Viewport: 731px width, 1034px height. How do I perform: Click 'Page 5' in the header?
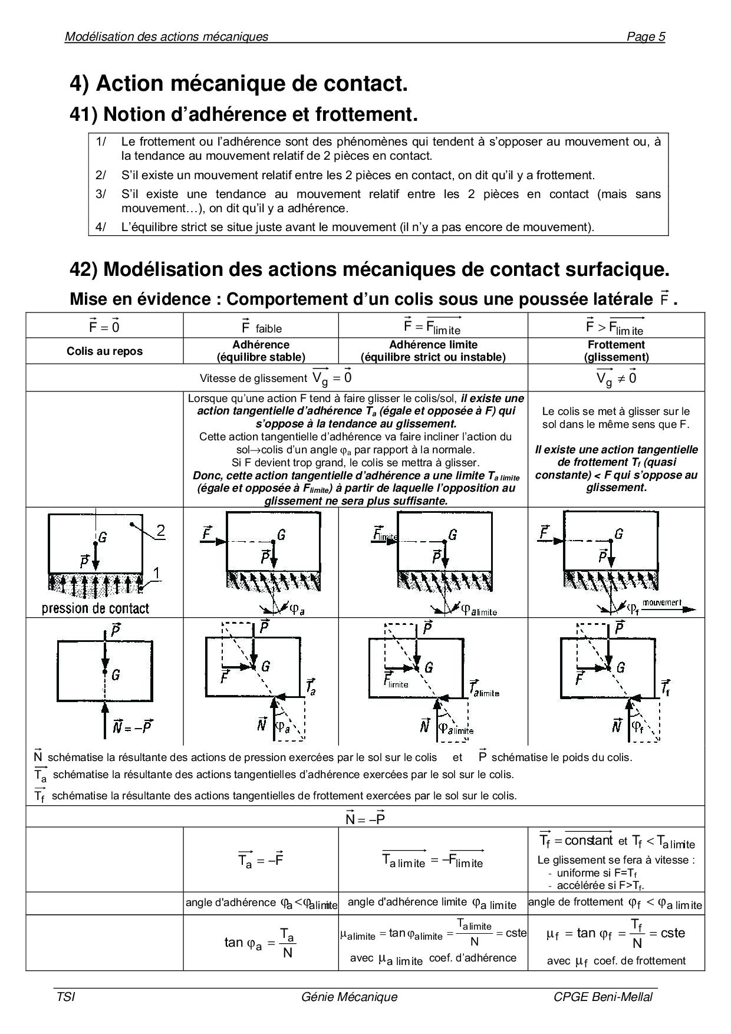[646, 37]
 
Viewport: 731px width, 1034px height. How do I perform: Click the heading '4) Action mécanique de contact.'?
[239, 84]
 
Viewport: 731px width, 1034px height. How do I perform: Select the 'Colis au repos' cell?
[104, 351]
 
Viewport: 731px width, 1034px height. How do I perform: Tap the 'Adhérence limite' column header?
[433, 351]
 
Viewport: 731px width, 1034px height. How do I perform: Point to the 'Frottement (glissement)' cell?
[616, 351]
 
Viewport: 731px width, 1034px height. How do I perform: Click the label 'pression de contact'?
[96, 608]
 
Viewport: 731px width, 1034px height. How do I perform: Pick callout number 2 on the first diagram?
[160, 531]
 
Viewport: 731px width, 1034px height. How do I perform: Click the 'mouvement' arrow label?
[661, 602]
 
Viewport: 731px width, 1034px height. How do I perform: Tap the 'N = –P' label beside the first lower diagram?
[133, 726]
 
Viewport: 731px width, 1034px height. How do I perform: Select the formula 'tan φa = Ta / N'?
[260, 943]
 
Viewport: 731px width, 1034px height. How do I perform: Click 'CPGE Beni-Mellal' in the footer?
[602, 997]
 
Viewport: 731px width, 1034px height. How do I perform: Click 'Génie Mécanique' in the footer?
[349, 997]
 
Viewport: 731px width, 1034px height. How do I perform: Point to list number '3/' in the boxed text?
[101, 194]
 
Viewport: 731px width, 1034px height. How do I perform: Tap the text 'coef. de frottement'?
[639, 961]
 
